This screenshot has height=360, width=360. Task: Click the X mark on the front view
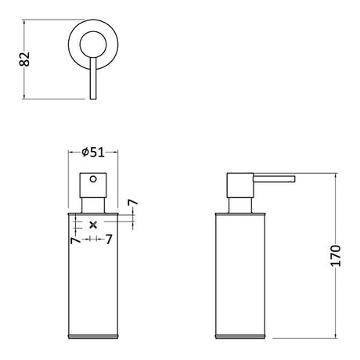[93, 225]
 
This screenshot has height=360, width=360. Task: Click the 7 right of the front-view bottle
[132, 203]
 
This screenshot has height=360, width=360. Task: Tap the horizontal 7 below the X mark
[108, 239]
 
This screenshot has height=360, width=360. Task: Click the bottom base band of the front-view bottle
[93, 338]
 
